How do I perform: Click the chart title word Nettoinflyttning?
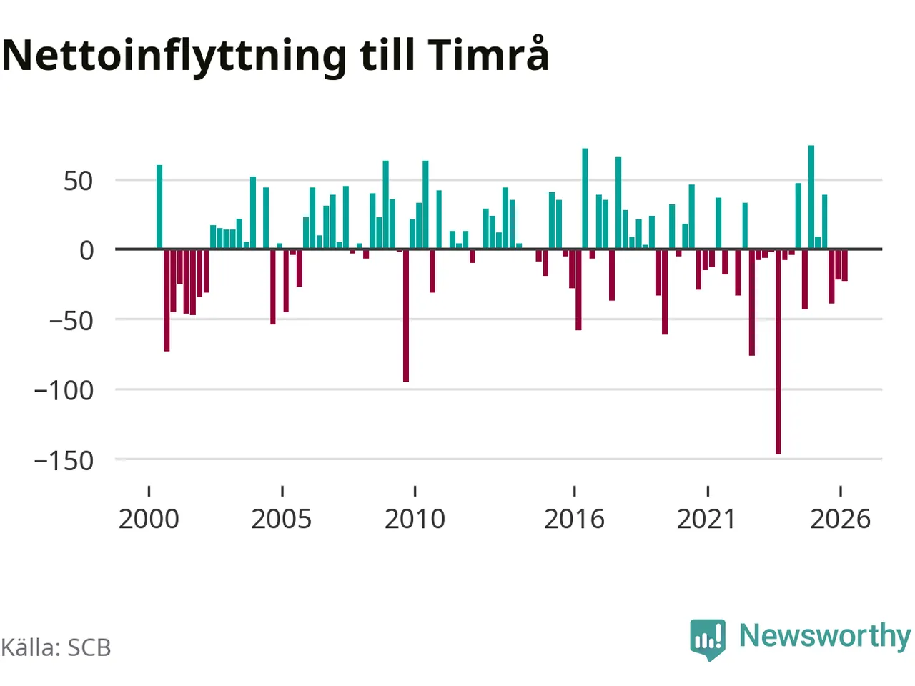[x=174, y=56]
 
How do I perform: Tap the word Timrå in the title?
[x=488, y=54]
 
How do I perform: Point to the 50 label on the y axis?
[x=78, y=182]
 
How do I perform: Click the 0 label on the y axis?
[x=86, y=251]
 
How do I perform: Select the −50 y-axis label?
[x=71, y=321]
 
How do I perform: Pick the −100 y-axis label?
[x=64, y=391]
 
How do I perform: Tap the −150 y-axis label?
[x=64, y=461]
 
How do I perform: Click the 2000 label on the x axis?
[x=149, y=519]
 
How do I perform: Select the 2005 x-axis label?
[x=282, y=519]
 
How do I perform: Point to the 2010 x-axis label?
[x=415, y=519]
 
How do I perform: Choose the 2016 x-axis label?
[x=574, y=519]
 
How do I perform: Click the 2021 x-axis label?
[x=706, y=519]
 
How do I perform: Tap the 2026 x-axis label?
[x=840, y=519]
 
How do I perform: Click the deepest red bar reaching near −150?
[x=778, y=352]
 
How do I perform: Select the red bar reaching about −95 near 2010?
[x=405, y=315]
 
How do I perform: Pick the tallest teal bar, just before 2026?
[x=811, y=197]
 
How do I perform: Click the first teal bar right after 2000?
[x=159, y=207]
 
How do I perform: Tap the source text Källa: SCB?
[x=56, y=647]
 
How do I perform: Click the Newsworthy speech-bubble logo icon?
[x=708, y=640]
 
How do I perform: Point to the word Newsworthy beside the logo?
[x=825, y=637]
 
